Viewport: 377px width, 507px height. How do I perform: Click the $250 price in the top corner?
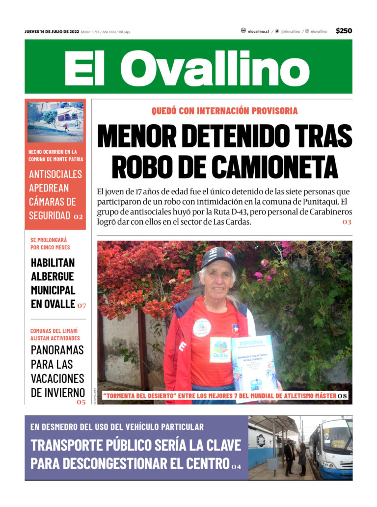pos(344,31)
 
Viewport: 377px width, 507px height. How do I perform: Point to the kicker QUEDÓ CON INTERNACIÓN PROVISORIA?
pos(224,111)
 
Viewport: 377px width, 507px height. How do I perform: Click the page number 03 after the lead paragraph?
pos(347,222)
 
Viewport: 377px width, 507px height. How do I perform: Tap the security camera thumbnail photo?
pos(55,122)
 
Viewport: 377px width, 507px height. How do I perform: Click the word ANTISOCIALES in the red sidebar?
pos(55,174)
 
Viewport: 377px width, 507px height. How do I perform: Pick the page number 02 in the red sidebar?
pos(79,216)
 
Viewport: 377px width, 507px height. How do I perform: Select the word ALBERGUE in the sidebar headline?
pos(52,276)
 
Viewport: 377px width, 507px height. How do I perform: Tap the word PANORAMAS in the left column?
pos(57,350)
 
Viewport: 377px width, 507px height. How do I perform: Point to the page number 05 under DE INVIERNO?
pos(81,402)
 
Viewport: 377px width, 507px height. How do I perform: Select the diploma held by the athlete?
pos(254,366)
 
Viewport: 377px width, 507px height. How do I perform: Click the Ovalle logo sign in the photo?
pos(220,349)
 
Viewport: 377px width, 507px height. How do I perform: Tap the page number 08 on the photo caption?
pos(342,396)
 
